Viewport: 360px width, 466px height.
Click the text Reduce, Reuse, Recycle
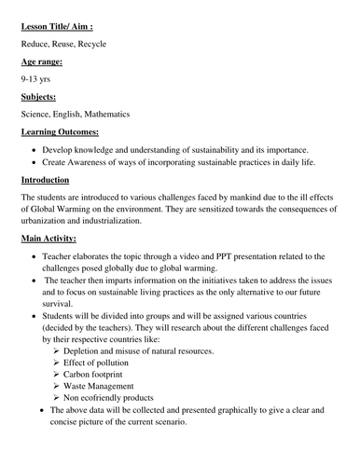(x=62, y=44)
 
